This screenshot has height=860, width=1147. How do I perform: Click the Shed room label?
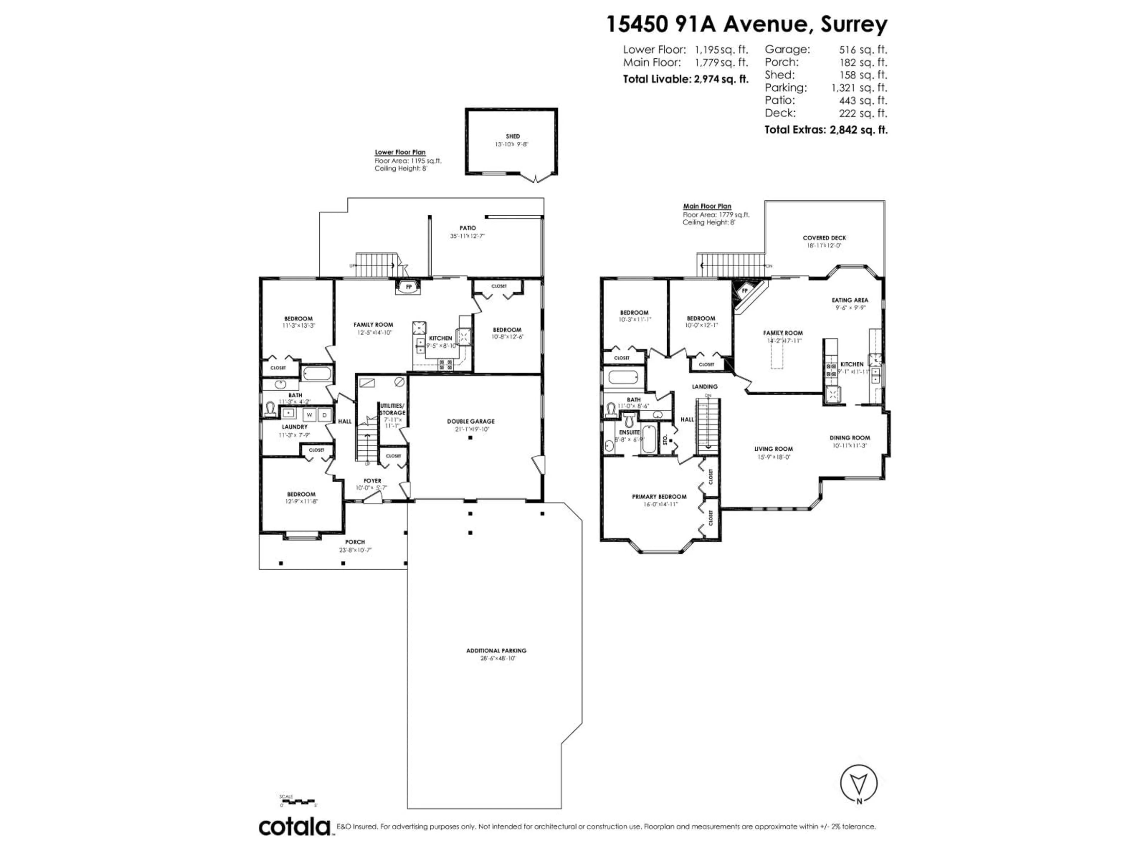click(512, 136)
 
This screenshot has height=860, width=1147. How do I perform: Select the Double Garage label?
click(471, 421)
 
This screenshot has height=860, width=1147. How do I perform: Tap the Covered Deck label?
click(824, 238)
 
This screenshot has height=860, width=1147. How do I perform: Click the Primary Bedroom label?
click(659, 497)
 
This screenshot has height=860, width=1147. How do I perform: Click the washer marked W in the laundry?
click(309, 415)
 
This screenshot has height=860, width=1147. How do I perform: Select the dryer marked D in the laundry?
click(325, 415)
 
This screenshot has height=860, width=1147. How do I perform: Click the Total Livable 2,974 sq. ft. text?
click(686, 79)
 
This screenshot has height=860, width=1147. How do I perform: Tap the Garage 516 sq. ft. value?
click(863, 50)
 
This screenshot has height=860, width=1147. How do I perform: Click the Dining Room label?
click(849, 437)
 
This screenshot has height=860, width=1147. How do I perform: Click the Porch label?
click(355, 542)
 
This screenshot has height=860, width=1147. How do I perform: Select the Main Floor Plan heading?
click(707, 206)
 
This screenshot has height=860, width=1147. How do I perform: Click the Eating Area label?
click(849, 300)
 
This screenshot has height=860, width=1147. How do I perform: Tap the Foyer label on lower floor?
click(372, 480)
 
